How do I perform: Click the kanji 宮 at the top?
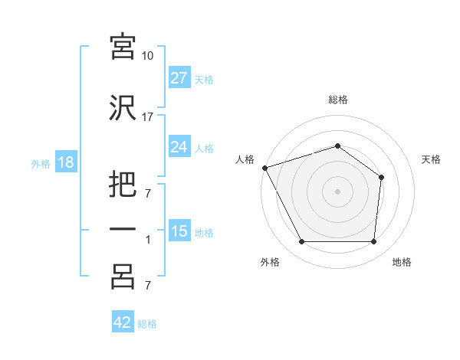point(123,47)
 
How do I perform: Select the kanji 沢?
point(123,108)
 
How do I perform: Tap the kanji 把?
point(123,184)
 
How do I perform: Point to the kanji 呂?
point(123,277)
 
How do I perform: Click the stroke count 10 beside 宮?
point(147,56)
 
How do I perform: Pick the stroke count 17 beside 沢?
point(147,117)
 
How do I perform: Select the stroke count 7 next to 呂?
point(148,285)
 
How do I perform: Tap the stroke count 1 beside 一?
point(148,240)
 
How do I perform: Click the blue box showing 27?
point(179,77)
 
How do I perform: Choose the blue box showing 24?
point(179,146)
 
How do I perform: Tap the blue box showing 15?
point(179,230)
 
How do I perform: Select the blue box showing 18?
point(66,162)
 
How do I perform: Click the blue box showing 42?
point(123,321)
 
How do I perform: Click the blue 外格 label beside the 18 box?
point(41,164)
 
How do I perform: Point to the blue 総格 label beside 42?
point(147,324)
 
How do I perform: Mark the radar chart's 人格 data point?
point(265,168)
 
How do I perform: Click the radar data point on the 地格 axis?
point(373,241)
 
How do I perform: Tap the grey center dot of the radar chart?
point(337,191)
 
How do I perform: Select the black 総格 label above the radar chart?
point(338,100)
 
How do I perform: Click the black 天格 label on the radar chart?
point(431,159)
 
